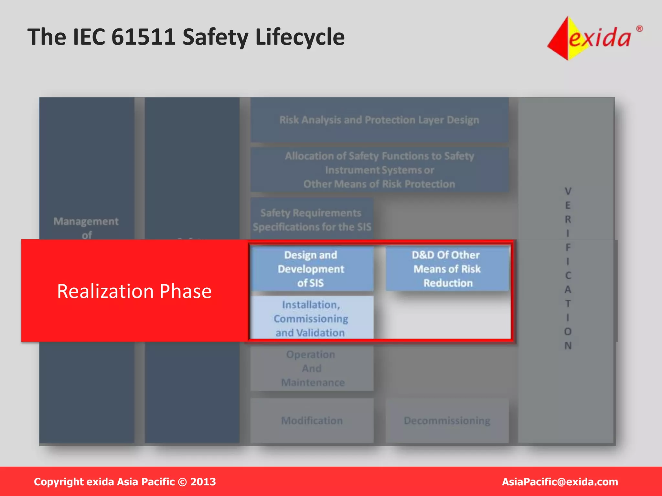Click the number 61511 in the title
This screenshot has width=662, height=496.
[143, 37]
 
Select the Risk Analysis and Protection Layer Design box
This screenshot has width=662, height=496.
[379, 120]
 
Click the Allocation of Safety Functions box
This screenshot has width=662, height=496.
[379, 170]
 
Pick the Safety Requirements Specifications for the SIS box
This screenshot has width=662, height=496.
[312, 220]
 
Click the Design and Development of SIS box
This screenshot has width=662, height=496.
[311, 269]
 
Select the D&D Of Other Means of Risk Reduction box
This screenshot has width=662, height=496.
[447, 269]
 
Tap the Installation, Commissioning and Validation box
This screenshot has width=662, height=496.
[311, 318]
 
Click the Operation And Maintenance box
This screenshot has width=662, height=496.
[312, 368]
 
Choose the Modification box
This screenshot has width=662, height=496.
[312, 420]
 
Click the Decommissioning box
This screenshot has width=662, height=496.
[447, 420]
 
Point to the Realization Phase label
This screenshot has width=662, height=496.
[134, 291]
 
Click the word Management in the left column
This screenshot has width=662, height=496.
[86, 221]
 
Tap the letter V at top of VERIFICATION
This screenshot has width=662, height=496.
[568, 191]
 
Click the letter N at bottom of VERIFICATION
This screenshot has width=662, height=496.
[568, 346]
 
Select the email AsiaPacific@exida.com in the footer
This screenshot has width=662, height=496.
[560, 482]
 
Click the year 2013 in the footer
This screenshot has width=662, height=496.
[203, 482]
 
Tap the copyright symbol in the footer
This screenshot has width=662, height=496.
[182, 482]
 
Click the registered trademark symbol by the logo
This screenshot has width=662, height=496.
[639, 29]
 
